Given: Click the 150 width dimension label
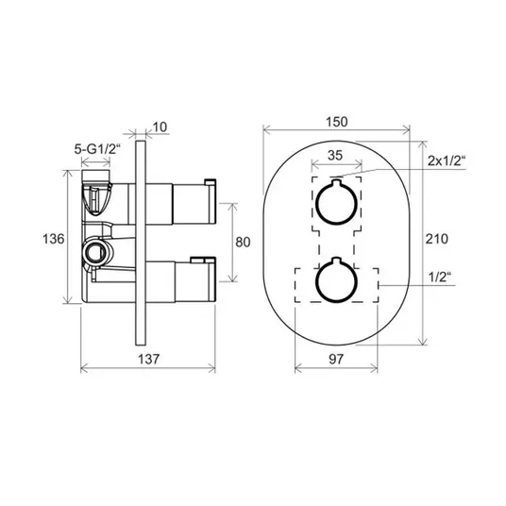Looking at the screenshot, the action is pos(337,122).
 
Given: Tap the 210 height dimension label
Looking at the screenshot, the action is pos(437,239).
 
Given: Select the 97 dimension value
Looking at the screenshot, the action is pos(336,359).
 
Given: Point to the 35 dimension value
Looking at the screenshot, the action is pos(334,156).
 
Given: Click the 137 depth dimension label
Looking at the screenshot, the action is pos(149,359).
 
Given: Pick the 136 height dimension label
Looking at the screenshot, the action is pos(54,239).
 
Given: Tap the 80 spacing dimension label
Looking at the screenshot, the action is pos(243,242).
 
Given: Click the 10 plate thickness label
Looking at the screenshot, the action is pos(160,127).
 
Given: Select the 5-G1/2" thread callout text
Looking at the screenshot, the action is pos(97,149).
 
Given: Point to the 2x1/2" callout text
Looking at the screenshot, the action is pos(447,160).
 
